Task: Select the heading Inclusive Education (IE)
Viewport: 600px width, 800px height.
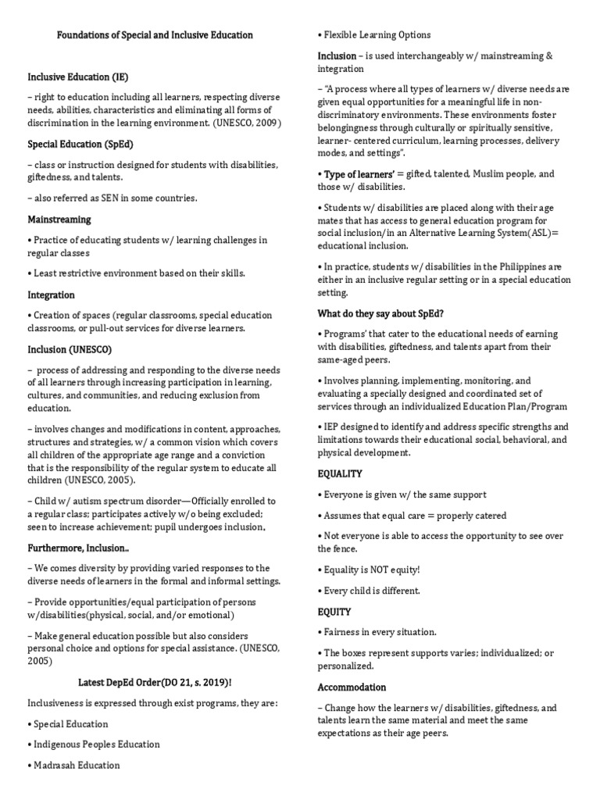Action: click(78, 77)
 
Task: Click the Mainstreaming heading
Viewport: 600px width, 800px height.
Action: click(59, 220)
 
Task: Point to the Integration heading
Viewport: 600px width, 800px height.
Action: click(52, 295)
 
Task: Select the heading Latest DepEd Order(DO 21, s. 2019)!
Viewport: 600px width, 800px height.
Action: click(154, 682)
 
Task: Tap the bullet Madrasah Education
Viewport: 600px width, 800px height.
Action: click(77, 765)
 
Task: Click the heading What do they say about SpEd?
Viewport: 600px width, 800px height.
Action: click(380, 313)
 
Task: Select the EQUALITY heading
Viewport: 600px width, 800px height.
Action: click(340, 474)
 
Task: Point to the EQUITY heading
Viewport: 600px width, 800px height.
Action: click(334, 612)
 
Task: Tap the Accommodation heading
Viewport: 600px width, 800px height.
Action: click(352, 687)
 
